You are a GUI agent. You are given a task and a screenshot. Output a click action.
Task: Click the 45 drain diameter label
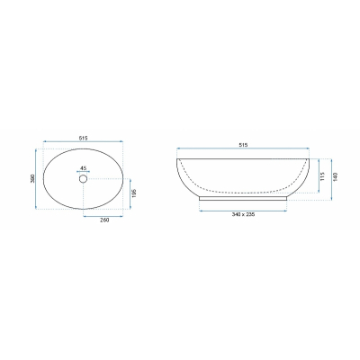pyautogui.click(x=83, y=167)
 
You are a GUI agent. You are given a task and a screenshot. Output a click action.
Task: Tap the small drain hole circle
pyautogui.click(x=83, y=179)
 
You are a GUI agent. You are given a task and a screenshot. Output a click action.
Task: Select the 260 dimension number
pyautogui.click(x=104, y=220)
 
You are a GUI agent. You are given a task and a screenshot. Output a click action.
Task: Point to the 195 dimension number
pyautogui.click(x=134, y=193)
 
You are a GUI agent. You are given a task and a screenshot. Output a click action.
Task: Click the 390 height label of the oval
pyautogui.click(x=32, y=178)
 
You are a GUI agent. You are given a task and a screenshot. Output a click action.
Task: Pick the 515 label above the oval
pyautogui.click(x=83, y=138)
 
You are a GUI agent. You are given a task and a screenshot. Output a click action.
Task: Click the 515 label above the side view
pyautogui.click(x=243, y=145)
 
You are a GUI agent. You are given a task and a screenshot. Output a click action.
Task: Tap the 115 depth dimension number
pyautogui.click(x=322, y=176)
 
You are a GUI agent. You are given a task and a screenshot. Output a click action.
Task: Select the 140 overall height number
pyautogui.click(x=336, y=176)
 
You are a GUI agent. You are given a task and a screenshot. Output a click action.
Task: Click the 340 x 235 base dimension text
pyautogui.click(x=243, y=214)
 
